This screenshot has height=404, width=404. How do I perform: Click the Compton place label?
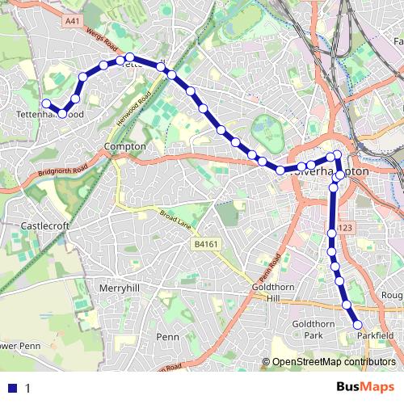tap(125, 146)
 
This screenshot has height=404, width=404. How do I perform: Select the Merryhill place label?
tap(119, 288)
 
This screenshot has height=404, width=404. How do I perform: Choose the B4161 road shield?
tap(206, 243)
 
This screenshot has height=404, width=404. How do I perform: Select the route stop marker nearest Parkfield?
tap(359, 325)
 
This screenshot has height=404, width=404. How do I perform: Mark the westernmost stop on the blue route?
tap(47, 103)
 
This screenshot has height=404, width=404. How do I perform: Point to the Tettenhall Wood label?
tap(50, 115)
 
